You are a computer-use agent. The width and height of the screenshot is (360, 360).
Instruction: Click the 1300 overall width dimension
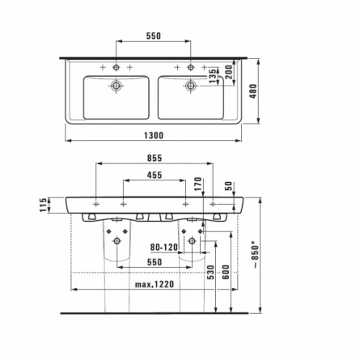click(154, 135)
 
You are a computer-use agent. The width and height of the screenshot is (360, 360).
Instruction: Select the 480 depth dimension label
click(253, 91)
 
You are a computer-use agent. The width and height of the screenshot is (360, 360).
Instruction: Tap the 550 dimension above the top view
click(154, 36)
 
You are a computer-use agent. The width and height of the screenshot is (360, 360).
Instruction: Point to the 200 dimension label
click(229, 72)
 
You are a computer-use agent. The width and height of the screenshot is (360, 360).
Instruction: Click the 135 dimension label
click(213, 76)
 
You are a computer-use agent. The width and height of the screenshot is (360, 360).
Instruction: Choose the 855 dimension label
click(155, 158)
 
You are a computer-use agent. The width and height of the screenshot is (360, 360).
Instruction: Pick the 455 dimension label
click(155, 176)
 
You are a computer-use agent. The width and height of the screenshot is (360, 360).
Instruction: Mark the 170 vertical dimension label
click(198, 184)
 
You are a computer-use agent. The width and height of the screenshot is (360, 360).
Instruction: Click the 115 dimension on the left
click(43, 205)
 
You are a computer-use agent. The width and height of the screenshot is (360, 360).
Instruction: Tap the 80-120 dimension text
click(164, 247)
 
